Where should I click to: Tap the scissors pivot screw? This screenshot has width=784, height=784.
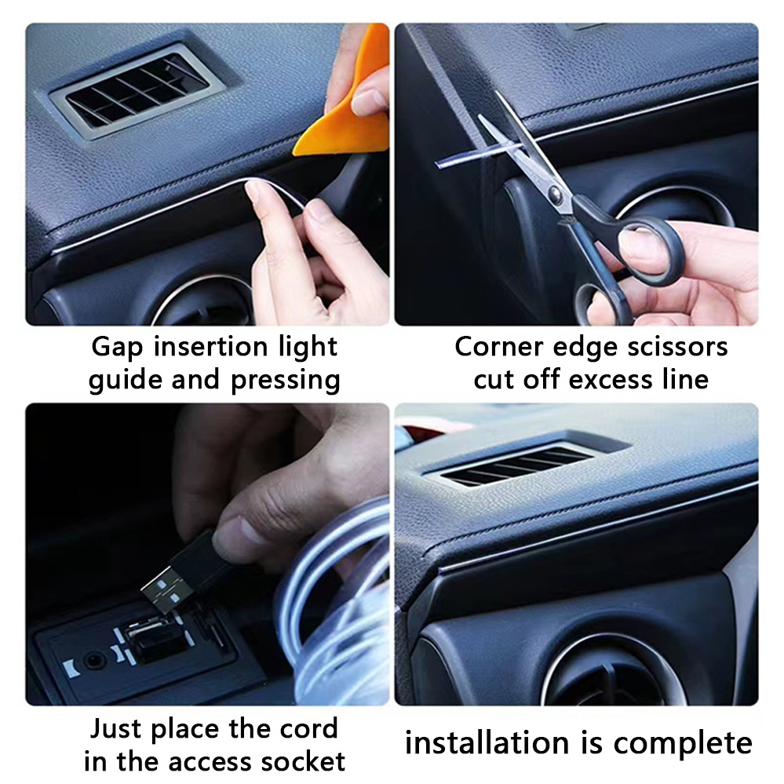pos(554,191)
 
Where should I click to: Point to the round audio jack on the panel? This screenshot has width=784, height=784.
pos(93,661)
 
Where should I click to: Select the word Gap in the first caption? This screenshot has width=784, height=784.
pos(117,348)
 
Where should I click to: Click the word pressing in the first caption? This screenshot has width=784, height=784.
pos(285,381)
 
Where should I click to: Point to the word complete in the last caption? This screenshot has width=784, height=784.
pos(683,744)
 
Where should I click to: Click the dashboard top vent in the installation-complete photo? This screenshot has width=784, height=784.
pos(520,465)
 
